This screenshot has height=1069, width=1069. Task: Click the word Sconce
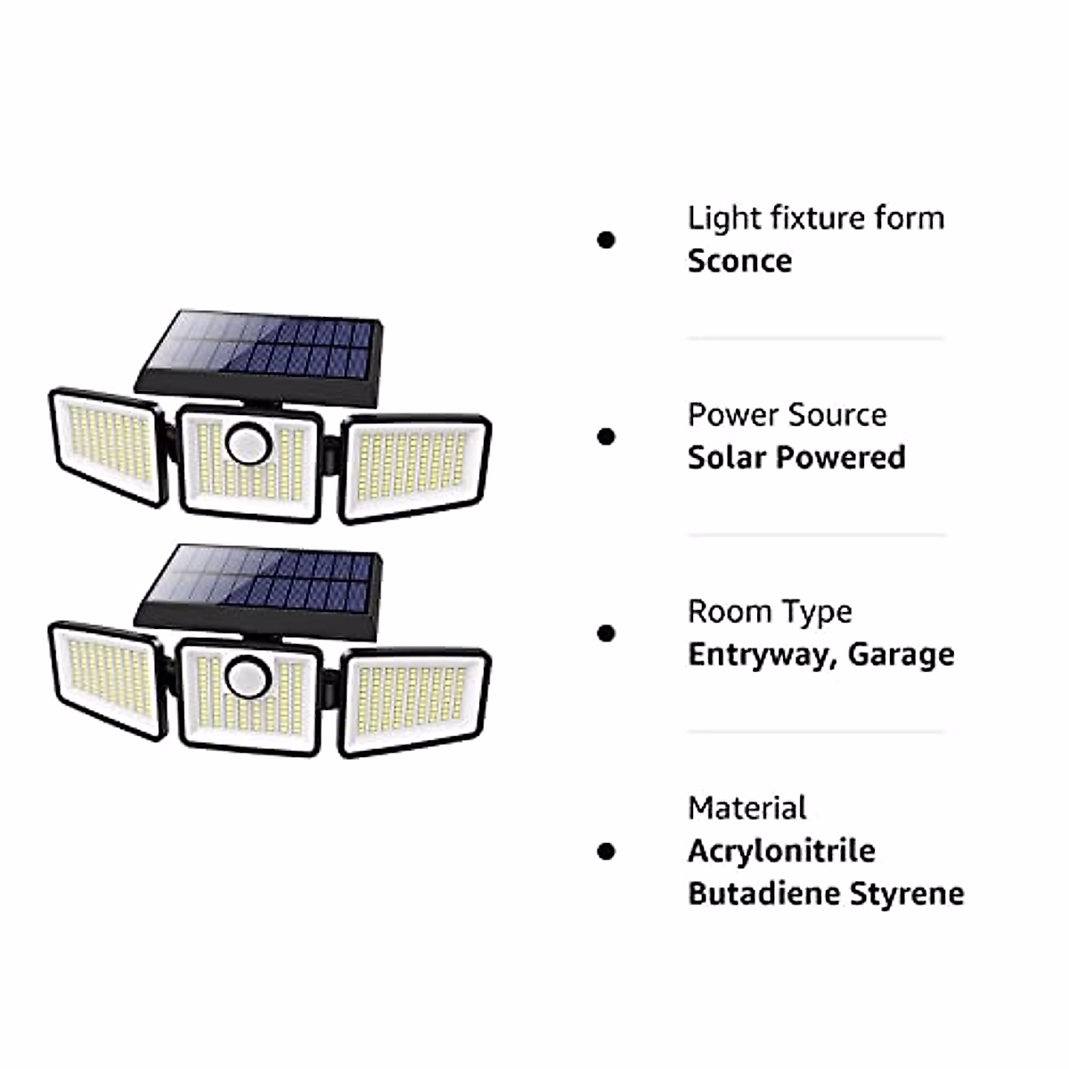pos(739,261)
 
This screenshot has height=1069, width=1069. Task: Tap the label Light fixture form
pos(815,218)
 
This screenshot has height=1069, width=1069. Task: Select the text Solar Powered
pos(796,458)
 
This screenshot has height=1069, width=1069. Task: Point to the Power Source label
pos(787,415)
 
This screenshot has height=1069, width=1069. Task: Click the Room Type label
pos(769,612)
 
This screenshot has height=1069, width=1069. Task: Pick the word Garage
pos(901,655)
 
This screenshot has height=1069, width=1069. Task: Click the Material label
pos(747,808)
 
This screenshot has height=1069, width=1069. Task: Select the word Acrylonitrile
pos(781,851)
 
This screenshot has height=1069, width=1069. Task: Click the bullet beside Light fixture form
pos(607,240)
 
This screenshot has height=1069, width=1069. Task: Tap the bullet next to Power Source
pos(607,437)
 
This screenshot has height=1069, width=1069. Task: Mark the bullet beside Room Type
pos(607,633)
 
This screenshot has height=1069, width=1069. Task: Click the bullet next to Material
pos(607,851)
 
